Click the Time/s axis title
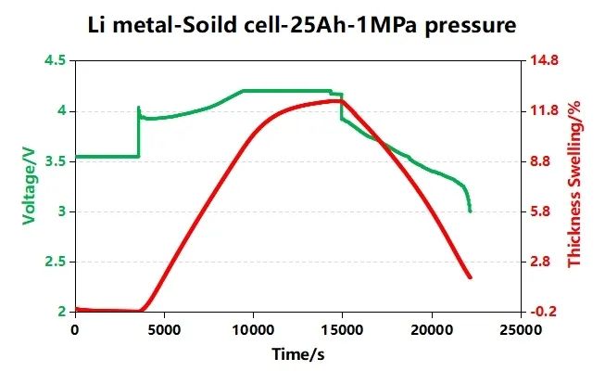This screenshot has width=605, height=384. [296, 354]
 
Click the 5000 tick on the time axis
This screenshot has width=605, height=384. [163, 329]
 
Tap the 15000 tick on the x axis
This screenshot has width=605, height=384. [342, 329]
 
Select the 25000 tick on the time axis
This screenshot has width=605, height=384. [521, 329]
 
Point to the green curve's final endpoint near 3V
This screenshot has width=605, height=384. [470, 211]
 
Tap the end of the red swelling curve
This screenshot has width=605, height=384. [471, 277]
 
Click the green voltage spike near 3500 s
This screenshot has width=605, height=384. [139, 108]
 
